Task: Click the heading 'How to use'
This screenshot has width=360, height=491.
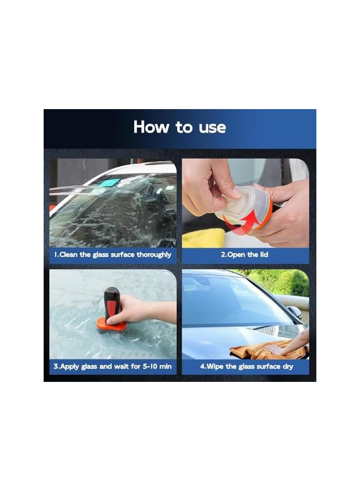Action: tap(179, 127)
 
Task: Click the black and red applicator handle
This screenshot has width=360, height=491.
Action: tap(112, 303)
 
